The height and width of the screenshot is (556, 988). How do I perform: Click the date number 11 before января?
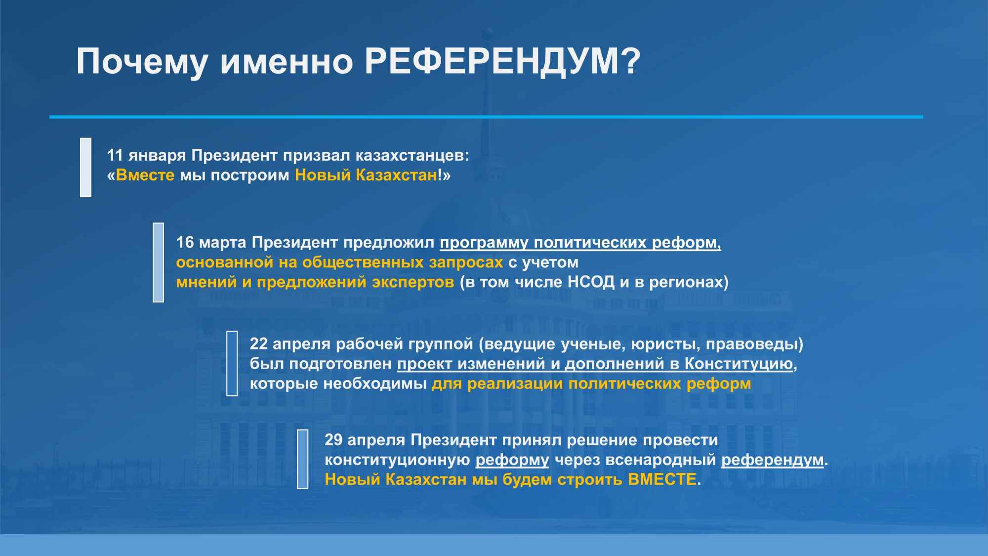(115, 156)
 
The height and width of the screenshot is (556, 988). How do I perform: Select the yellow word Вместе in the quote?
(145, 175)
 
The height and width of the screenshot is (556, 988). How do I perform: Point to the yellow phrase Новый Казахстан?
(370, 175)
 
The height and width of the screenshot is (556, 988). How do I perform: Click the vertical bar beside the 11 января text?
(86, 168)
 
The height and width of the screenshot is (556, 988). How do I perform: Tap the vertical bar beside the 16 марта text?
(158, 262)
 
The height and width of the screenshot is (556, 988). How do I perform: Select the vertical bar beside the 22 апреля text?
(232, 364)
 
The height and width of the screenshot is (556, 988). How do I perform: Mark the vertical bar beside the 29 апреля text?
(303, 459)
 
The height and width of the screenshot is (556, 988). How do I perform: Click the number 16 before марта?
(185, 243)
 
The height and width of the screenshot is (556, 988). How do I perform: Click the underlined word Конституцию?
(739, 364)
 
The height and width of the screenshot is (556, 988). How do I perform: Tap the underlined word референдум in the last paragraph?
(773, 460)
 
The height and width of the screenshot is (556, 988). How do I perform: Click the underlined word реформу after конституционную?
(512, 460)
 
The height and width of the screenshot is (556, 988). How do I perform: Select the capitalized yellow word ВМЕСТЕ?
(662, 479)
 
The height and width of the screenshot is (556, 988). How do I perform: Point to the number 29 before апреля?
(333, 440)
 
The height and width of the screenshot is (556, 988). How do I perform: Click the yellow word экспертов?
(413, 282)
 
